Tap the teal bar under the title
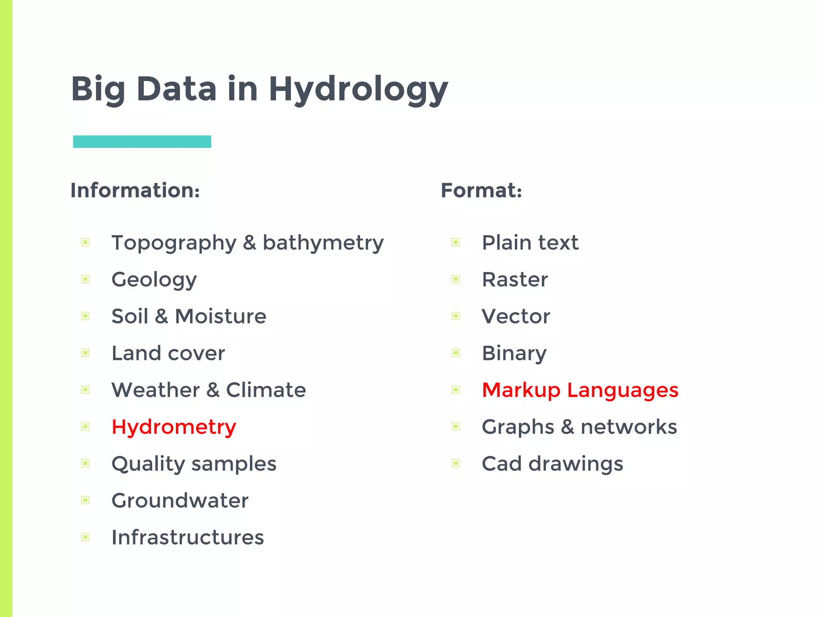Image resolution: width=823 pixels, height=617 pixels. [x=142, y=141]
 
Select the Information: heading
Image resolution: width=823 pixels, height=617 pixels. [x=135, y=190]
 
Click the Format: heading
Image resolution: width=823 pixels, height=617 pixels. [x=481, y=190]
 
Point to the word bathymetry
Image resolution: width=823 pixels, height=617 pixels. [x=323, y=243]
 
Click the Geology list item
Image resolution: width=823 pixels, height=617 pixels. [x=154, y=280]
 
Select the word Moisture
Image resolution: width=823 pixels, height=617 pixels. [x=221, y=316]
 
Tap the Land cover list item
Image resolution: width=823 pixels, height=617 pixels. [x=168, y=353]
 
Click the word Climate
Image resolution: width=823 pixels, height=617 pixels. [x=266, y=390]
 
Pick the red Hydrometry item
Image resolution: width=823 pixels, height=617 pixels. [x=174, y=427]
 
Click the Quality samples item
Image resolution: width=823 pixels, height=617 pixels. [x=194, y=464]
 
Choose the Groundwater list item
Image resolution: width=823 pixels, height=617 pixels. [x=180, y=501]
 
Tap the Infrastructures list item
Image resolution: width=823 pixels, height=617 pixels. [x=187, y=537]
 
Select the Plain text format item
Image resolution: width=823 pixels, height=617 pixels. [x=530, y=243]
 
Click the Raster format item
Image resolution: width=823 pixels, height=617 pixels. [x=514, y=280]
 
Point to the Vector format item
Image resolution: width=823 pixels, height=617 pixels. [x=516, y=316]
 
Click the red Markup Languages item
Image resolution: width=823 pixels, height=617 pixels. [x=580, y=390]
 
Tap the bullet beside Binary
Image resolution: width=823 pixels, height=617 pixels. [x=456, y=353]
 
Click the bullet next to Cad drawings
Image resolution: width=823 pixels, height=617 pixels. [x=456, y=464]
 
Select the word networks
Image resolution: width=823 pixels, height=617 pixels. [x=629, y=427]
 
